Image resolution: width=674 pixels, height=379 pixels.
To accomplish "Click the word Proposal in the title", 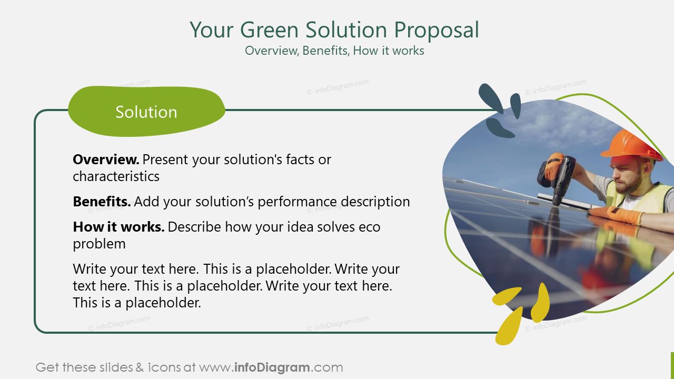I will point(437,30).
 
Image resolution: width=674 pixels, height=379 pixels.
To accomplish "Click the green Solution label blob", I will point(146,112).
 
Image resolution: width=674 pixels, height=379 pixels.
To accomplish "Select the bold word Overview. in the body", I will point(106,159).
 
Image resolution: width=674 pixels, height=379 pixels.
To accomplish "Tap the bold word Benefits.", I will point(102,202).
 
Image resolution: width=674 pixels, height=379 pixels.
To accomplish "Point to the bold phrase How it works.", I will point(118,227).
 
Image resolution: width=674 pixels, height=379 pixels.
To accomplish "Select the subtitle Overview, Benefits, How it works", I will point(334,51).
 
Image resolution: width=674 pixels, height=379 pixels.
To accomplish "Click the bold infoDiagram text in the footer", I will point(272,367).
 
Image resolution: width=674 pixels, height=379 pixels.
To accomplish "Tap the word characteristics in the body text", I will point(116,176).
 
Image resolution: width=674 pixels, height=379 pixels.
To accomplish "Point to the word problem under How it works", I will point(99,244).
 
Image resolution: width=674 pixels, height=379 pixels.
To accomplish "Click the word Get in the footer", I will point(47,367).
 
